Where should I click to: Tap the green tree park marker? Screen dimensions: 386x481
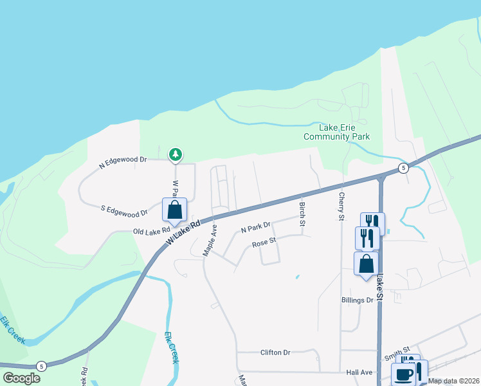coord(175,154)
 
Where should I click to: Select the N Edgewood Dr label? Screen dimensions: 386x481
coord(123,163)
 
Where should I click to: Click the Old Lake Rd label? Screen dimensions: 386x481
coord(152,230)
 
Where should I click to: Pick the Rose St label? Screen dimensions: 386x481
coord(264,243)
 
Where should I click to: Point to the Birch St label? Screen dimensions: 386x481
coord(302,214)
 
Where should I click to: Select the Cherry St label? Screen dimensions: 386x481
coord(341,207)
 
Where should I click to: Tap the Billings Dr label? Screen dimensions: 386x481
coord(358,300)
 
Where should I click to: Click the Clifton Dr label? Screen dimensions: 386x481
coord(276,353)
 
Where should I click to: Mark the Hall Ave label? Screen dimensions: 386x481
coord(359,372)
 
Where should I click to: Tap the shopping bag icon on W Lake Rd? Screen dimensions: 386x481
coord(174,209)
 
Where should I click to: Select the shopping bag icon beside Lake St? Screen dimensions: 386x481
coord(366,263)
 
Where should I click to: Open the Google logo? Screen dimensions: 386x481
coord(22,378)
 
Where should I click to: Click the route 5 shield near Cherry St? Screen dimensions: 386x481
coord(403,169)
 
